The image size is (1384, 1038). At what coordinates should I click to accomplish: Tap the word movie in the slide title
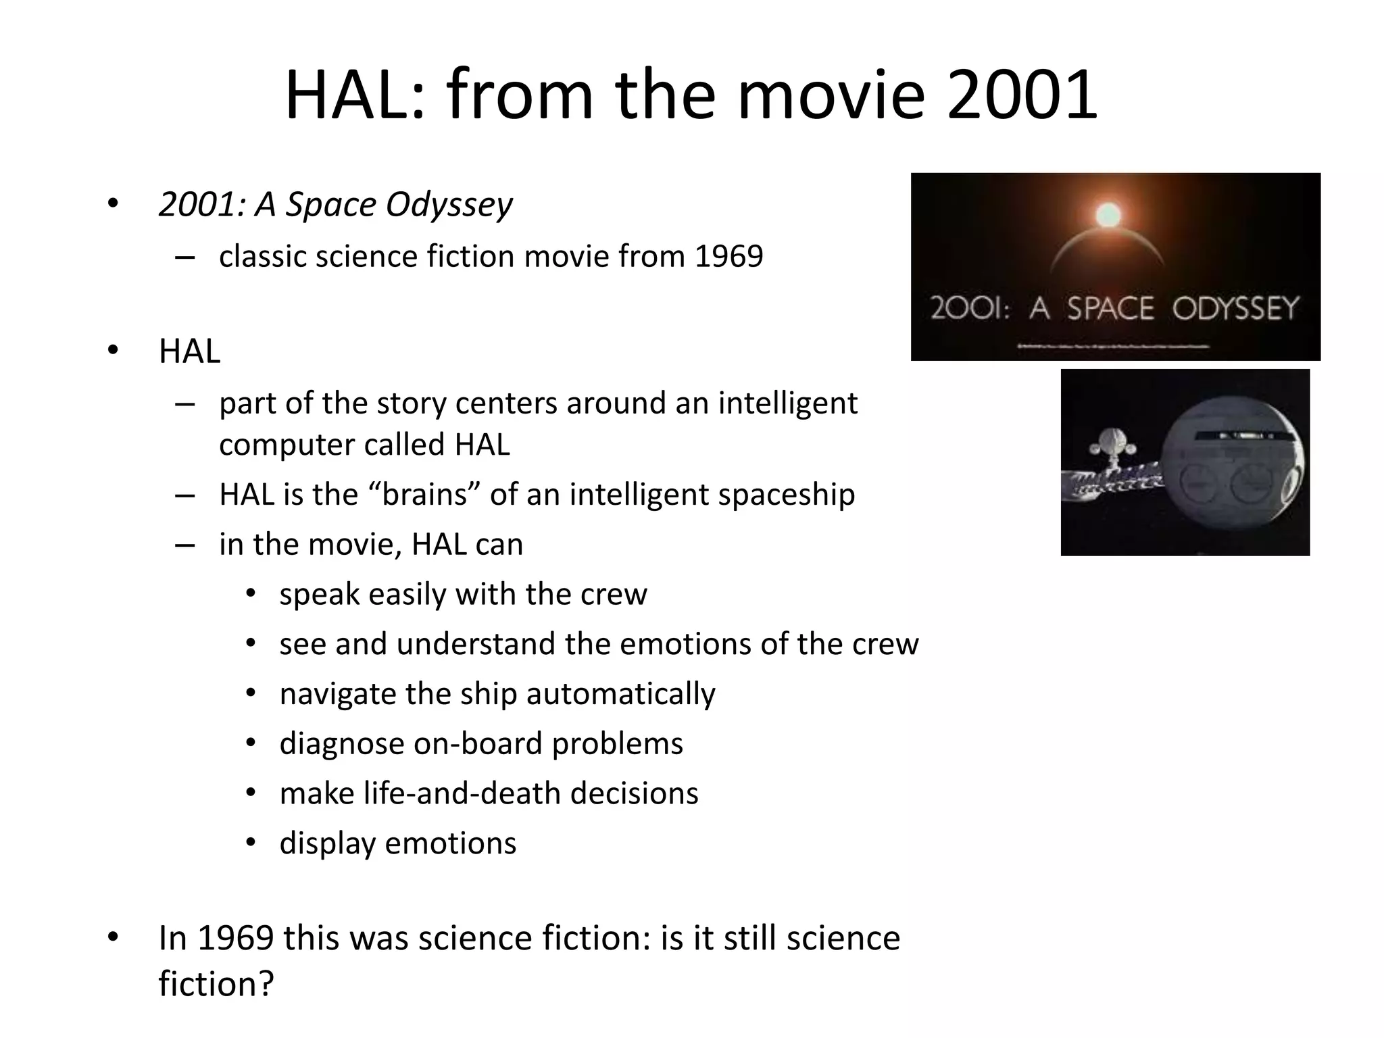(x=831, y=96)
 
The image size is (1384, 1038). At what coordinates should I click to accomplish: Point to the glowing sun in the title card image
(x=1108, y=215)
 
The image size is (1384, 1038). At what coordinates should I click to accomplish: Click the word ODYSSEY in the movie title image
(x=1235, y=309)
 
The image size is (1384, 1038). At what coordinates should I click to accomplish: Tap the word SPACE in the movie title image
(x=1110, y=309)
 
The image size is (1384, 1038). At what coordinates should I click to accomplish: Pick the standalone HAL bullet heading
(x=190, y=351)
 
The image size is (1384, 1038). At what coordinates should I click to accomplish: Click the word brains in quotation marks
(x=424, y=494)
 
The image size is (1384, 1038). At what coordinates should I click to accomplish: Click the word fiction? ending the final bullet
(x=216, y=983)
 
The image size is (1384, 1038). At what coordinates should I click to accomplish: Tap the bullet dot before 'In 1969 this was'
(x=112, y=937)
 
